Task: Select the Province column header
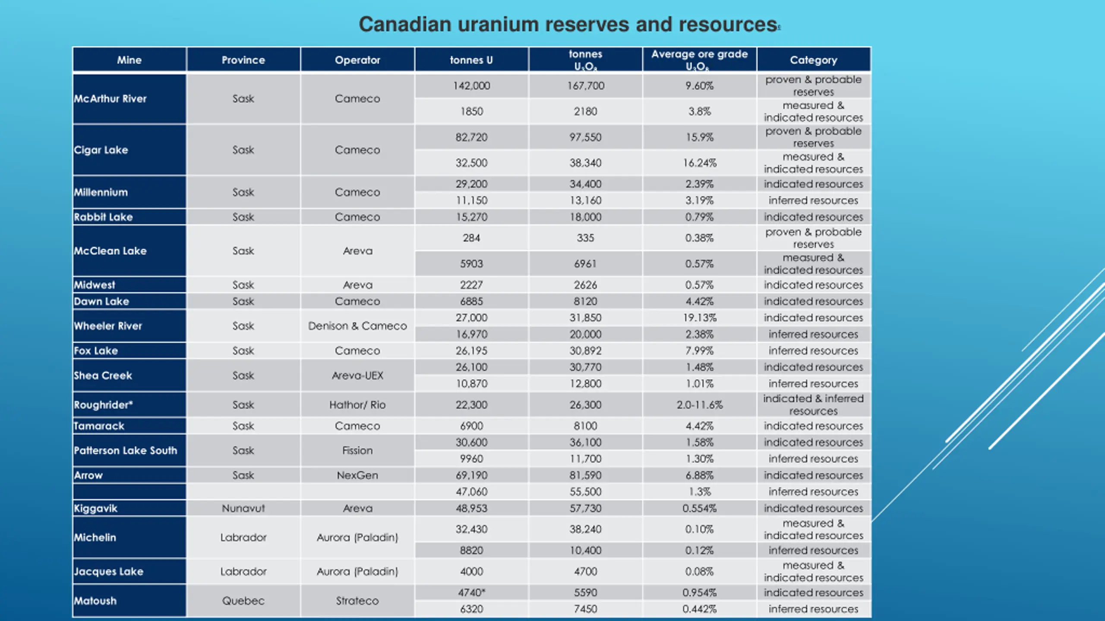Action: (x=243, y=60)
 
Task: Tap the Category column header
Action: (x=813, y=60)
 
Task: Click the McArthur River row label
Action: (x=110, y=99)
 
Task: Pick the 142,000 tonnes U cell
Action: (x=471, y=86)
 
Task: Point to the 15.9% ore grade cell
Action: (x=699, y=137)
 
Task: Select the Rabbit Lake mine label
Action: (x=103, y=217)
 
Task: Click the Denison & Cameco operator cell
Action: (x=357, y=326)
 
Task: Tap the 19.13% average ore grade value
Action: (x=699, y=318)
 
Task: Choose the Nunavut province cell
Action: (x=243, y=508)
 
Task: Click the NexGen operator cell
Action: (x=357, y=475)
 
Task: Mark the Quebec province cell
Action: (x=243, y=601)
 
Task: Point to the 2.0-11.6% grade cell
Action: (x=699, y=405)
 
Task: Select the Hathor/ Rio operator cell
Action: (x=357, y=405)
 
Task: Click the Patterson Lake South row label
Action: (x=126, y=451)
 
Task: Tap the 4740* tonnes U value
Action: (x=471, y=593)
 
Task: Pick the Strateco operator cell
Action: (x=357, y=601)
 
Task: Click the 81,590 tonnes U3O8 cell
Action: (x=585, y=475)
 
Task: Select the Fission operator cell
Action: (x=357, y=451)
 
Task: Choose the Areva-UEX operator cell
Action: (x=357, y=376)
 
